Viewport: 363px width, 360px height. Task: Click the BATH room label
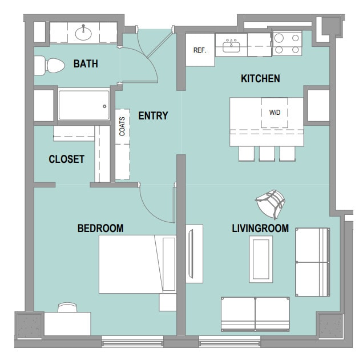pyautogui.click(x=86, y=64)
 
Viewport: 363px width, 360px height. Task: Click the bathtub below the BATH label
pyautogui.click(x=83, y=104)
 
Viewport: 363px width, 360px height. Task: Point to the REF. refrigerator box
pyautogui.click(x=200, y=50)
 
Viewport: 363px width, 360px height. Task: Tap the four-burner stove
pyautogui.click(x=287, y=43)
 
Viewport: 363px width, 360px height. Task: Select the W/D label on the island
pyautogui.click(x=275, y=112)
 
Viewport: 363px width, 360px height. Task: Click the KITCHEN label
pyautogui.click(x=260, y=78)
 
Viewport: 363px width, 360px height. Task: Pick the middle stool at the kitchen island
pyautogui.click(x=267, y=153)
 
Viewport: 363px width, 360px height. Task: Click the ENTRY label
pyautogui.click(x=153, y=116)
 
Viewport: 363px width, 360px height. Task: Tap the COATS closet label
pyautogui.click(x=122, y=126)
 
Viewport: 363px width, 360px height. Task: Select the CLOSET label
pyautogui.click(x=67, y=159)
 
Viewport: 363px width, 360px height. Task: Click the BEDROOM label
pyautogui.click(x=100, y=229)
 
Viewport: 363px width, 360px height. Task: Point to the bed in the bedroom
pyautogui.click(x=137, y=263)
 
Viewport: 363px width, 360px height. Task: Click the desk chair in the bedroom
pyautogui.click(x=67, y=307)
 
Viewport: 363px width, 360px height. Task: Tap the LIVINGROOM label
pyautogui.click(x=260, y=229)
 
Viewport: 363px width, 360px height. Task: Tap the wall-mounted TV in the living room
pyautogui.click(x=194, y=254)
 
